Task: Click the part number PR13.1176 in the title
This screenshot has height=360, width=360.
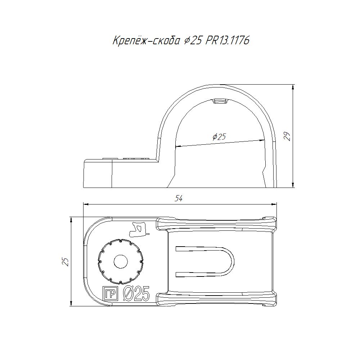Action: [227, 41]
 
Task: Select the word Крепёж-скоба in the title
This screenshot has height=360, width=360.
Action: [146, 40]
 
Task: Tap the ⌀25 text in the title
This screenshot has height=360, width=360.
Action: [193, 41]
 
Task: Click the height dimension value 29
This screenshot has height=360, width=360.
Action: [287, 136]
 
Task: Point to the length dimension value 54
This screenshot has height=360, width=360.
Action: [179, 198]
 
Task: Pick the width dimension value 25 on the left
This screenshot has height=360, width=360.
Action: [66, 262]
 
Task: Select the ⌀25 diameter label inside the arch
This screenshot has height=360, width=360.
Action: [219, 137]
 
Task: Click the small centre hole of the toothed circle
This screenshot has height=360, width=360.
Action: [121, 261]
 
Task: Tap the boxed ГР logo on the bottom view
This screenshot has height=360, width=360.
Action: [110, 293]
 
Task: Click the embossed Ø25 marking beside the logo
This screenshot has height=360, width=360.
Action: [136, 294]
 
